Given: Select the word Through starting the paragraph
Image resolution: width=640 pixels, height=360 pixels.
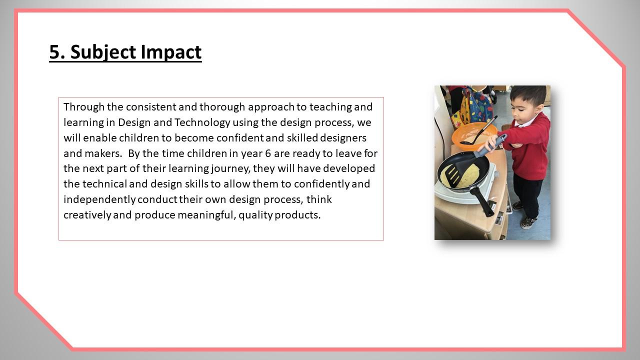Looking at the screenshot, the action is pyautogui.click(x=84, y=107).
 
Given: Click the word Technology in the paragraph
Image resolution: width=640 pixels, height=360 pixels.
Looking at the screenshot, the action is pyautogui.click(x=202, y=122).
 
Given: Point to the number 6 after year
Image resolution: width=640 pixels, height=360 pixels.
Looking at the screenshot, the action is pyautogui.click(x=268, y=153).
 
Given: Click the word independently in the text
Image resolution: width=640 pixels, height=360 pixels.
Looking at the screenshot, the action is pyautogui.click(x=99, y=199).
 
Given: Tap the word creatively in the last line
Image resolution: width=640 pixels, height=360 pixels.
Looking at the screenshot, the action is pyautogui.click(x=87, y=215).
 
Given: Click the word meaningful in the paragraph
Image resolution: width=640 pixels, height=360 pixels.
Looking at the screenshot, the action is pyautogui.click(x=207, y=215).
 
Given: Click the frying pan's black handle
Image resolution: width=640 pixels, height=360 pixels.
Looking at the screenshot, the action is pyautogui.click(x=482, y=201).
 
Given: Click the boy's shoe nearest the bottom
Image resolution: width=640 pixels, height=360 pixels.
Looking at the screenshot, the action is pyautogui.click(x=527, y=223).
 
